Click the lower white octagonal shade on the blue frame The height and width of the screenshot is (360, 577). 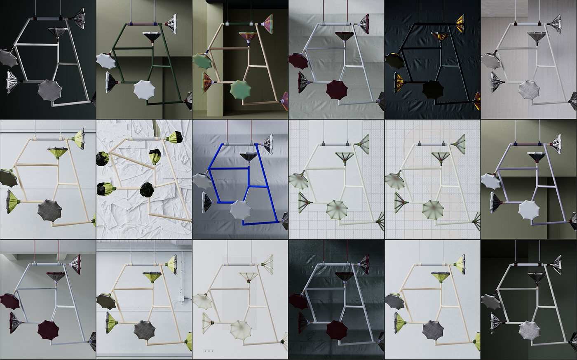(240, 210)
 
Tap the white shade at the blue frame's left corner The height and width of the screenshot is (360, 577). (201, 181)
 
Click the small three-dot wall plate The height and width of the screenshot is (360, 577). (209, 351)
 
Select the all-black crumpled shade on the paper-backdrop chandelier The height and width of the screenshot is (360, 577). (147, 190)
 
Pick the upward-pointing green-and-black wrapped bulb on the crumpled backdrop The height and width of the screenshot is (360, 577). (155, 156)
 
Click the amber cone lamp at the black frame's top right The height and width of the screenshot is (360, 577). (459, 24)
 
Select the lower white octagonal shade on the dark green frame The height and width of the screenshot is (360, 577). (144, 89)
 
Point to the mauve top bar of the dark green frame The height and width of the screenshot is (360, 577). (143, 24)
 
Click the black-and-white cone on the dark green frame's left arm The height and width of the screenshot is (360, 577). (111, 82)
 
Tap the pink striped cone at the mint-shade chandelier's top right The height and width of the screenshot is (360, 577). (268, 24)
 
